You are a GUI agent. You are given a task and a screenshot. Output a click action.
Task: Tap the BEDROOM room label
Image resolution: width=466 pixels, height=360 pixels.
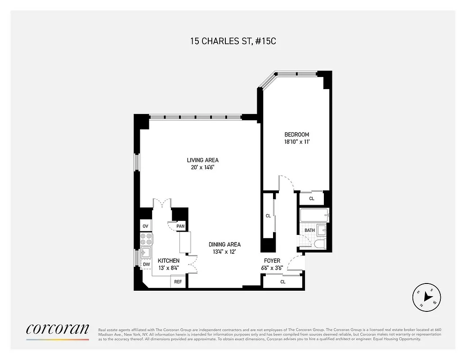click(x=296, y=135)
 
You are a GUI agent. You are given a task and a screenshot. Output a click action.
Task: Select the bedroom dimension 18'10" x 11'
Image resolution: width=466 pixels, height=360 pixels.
click(x=296, y=142)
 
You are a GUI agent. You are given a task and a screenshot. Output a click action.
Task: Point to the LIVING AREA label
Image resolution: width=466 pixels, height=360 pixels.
click(x=203, y=160)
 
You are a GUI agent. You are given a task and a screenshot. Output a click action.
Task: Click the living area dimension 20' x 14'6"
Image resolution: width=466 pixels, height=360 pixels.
click(x=203, y=167)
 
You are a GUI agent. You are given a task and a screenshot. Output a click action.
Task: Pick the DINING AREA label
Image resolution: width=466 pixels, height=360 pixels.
click(x=224, y=244)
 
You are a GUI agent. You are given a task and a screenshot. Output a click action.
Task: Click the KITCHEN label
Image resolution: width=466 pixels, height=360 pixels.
click(x=169, y=261)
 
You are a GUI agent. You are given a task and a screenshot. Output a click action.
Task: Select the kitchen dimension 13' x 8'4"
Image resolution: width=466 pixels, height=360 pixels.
click(x=169, y=268)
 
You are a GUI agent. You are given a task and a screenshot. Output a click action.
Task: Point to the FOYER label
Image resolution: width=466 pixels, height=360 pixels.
click(x=272, y=261)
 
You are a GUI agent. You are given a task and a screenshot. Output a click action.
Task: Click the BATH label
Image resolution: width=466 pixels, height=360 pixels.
click(x=309, y=230)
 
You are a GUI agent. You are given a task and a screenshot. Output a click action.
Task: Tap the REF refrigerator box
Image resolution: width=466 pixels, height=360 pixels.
click(x=178, y=282)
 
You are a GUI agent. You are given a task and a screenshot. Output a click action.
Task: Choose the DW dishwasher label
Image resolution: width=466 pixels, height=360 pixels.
click(x=146, y=264)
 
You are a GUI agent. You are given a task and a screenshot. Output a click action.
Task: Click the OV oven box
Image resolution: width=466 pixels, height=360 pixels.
click(x=145, y=226)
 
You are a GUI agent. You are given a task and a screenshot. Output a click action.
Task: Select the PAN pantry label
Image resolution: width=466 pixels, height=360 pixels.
click(x=180, y=226)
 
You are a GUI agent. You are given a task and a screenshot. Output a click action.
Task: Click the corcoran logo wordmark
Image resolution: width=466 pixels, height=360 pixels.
click(x=58, y=329)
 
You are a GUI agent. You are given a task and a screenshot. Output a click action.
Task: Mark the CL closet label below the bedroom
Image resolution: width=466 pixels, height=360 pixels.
click(x=311, y=198)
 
